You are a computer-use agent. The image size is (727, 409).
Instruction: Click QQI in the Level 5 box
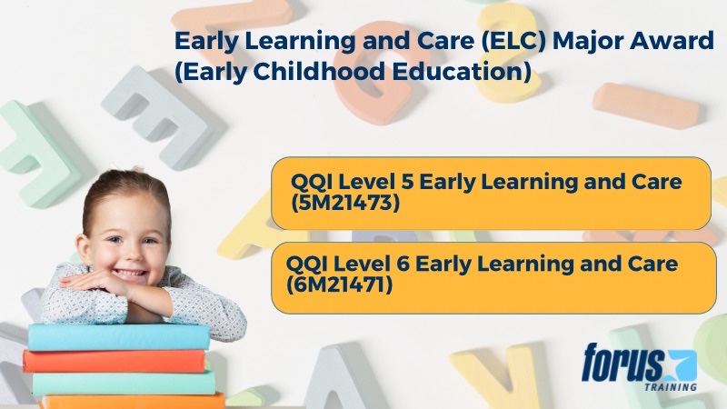click(x=312, y=182)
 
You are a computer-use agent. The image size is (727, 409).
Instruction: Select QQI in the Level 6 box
click(x=307, y=264)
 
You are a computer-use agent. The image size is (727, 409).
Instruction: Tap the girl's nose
click(x=128, y=252)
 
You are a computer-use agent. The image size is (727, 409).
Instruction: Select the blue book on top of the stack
click(x=118, y=336)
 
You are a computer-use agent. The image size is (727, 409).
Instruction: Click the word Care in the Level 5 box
click(x=656, y=182)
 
